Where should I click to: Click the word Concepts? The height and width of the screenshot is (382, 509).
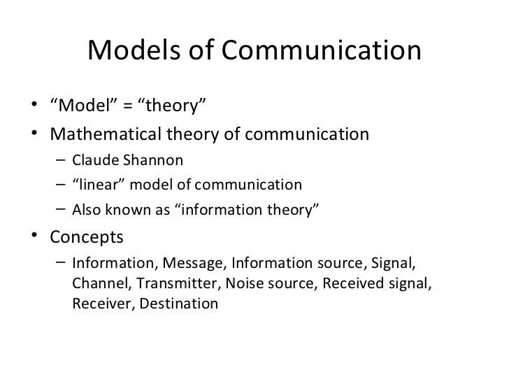[x=87, y=237]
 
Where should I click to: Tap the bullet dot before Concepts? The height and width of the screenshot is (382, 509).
[x=36, y=237]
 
